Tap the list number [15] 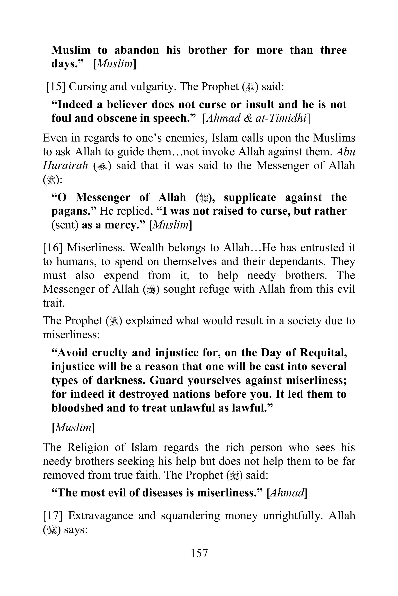pos(56,87)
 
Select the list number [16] pos(52,248)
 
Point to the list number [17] pos(52,516)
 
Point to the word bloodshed pos(76,408)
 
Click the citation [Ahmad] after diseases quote pos(287,493)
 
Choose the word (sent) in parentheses pos(65,225)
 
